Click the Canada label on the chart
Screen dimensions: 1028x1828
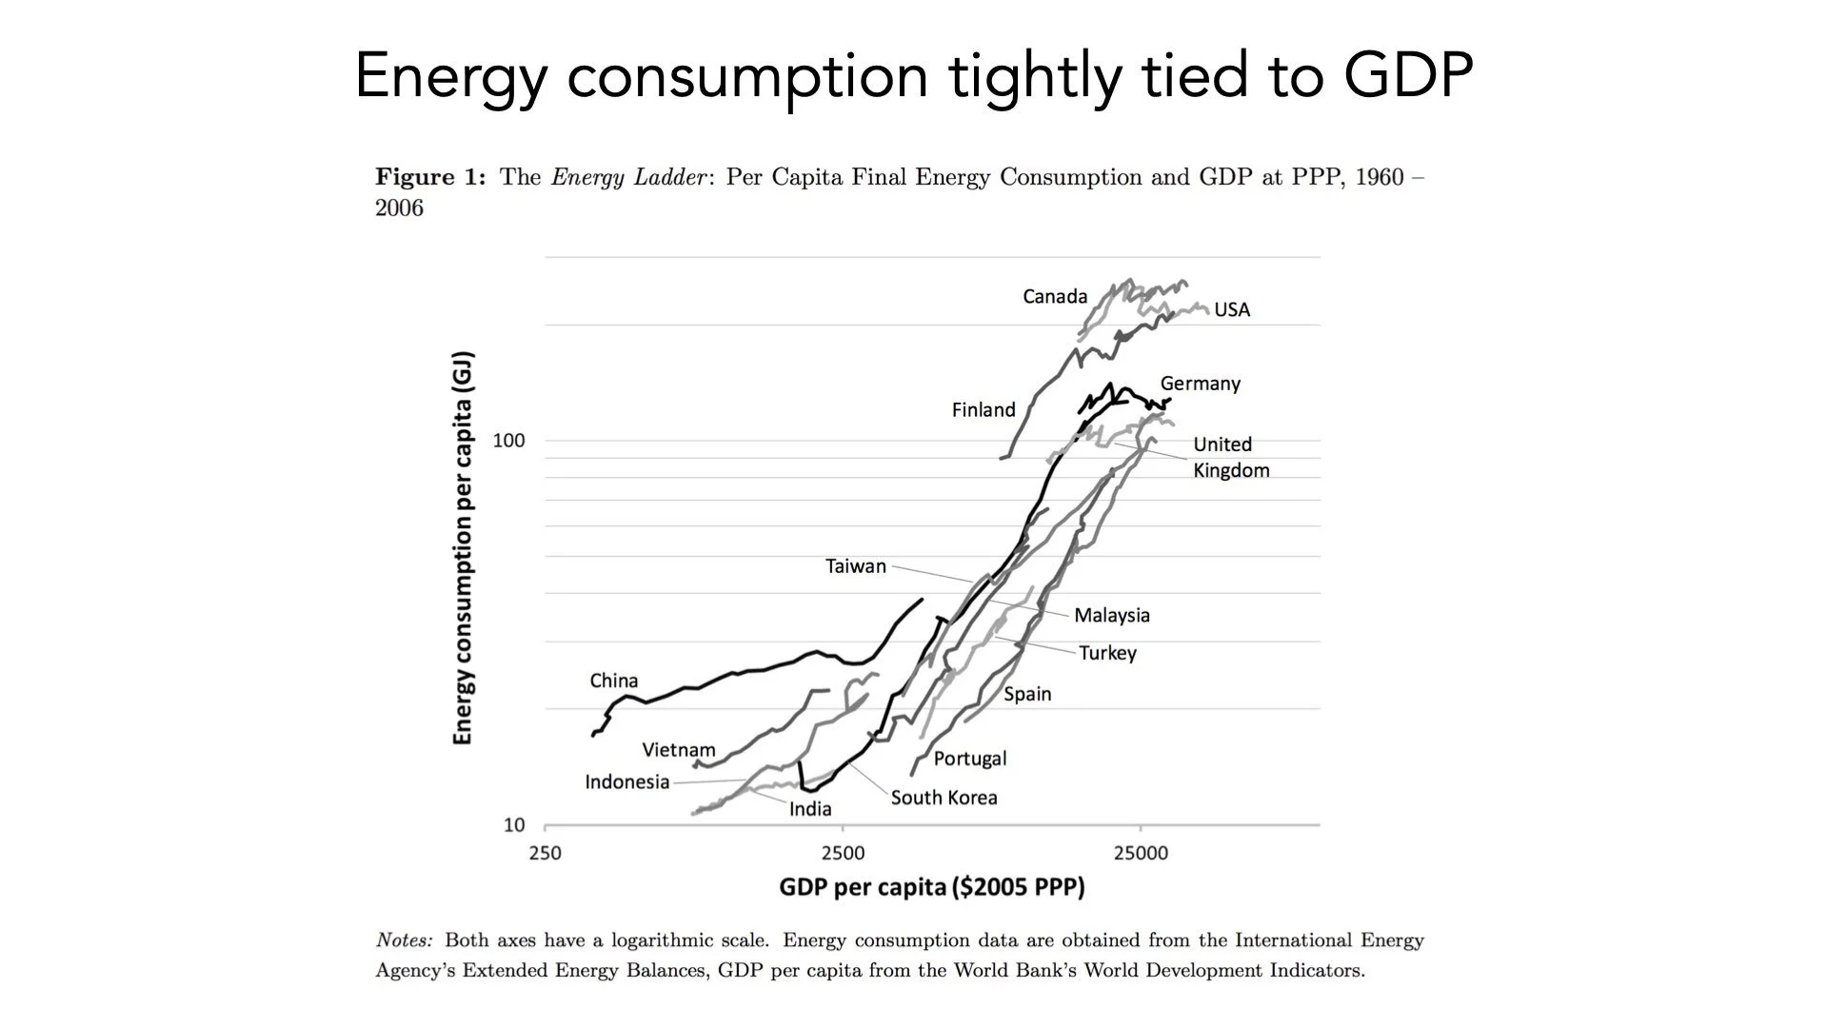pos(1055,297)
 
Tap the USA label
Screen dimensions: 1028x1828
pos(1232,310)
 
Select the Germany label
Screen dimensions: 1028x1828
pos(1200,384)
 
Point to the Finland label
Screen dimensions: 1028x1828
pos(984,410)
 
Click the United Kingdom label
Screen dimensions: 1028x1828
pos(1230,458)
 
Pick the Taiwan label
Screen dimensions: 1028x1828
pos(855,566)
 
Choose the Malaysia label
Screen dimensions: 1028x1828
pos(1111,616)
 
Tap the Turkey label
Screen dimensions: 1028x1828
pos(1107,654)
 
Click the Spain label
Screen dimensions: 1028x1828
pos(1027,694)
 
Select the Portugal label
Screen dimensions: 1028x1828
pos(969,759)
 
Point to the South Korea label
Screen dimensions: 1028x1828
pos(944,798)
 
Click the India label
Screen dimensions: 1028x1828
pos(810,809)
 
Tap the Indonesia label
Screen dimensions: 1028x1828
pos(626,782)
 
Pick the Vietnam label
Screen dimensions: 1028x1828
pos(678,750)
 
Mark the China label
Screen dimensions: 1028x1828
pos(613,682)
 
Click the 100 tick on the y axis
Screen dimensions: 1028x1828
pos(508,441)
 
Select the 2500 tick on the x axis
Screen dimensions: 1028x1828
pos(843,853)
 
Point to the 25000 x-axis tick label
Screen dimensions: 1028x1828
pos(1141,853)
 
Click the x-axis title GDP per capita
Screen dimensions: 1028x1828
pos(931,887)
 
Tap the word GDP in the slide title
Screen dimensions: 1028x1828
pos(1408,75)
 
